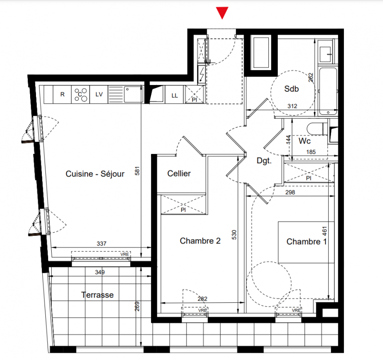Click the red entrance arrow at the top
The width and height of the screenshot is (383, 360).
(222, 13)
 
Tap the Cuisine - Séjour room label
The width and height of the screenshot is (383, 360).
(95, 174)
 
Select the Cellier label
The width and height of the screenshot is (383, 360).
(179, 173)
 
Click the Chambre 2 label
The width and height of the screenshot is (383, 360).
(200, 241)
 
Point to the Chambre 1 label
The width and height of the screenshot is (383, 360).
(306, 242)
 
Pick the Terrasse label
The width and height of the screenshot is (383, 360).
(97, 295)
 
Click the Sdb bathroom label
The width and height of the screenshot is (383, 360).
(291, 89)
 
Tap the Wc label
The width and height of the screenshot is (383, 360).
(304, 141)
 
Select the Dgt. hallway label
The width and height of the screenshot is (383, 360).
(264, 161)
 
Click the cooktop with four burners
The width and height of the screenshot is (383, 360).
(80, 94)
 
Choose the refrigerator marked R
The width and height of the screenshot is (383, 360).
(62, 94)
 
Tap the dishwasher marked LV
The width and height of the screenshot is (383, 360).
(99, 94)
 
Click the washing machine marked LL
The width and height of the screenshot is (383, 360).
(174, 95)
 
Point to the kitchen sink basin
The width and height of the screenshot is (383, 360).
(134, 94)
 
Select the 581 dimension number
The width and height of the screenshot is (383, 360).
(137, 171)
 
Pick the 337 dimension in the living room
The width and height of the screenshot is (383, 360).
(101, 243)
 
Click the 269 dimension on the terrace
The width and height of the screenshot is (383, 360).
(137, 306)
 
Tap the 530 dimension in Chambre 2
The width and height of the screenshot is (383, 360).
(234, 235)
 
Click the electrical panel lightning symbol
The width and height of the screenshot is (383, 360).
(201, 75)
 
